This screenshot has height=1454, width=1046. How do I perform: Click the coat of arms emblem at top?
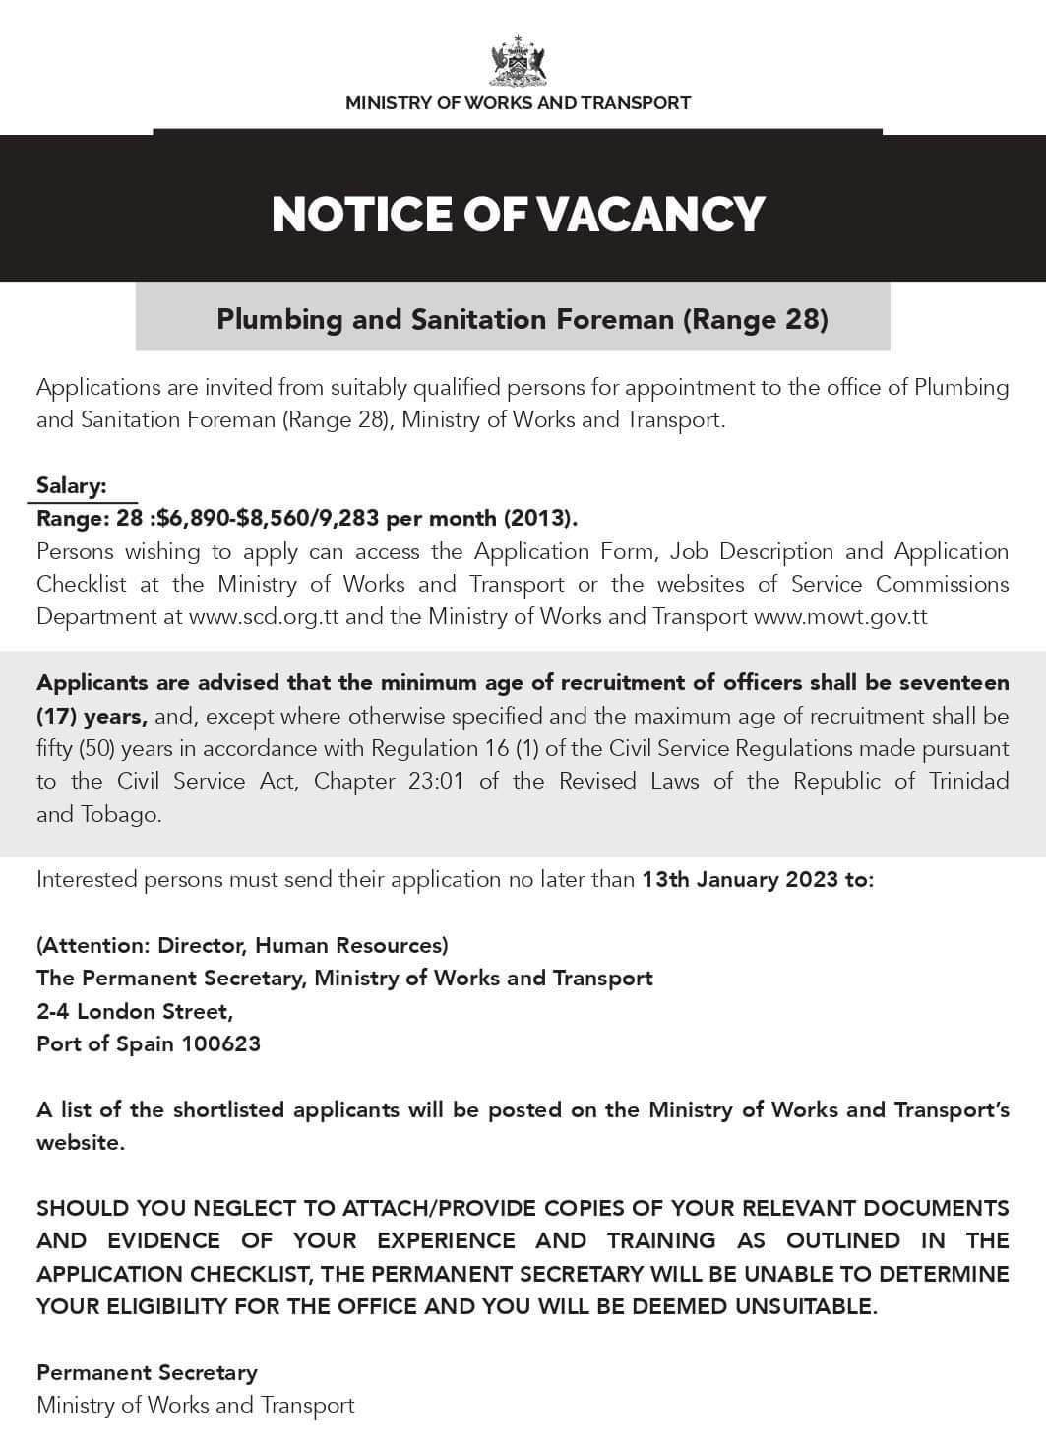tap(518, 61)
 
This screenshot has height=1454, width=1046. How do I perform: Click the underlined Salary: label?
tap(72, 485)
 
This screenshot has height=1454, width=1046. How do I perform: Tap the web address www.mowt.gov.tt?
tap(840, 617)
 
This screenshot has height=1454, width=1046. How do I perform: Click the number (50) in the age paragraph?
tap(88, 748)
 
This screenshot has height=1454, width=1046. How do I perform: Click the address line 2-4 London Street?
tap(135, 1011)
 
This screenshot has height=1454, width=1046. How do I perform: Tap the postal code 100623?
tap(220, 1043)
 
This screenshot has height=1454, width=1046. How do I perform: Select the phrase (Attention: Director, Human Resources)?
tap(242, 945)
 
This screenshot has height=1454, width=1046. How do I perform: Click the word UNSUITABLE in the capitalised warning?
tap(790, 1306)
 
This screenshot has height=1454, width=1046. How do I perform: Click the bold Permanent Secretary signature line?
tap(147, 1372)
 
